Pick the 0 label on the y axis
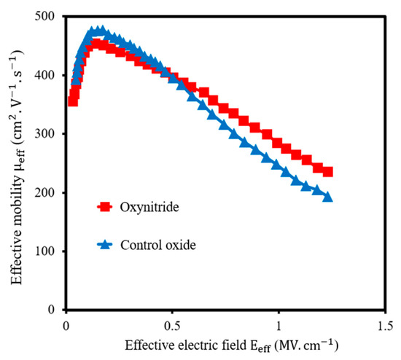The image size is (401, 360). tap(52, 310)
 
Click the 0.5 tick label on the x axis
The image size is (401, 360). tap(173, 326)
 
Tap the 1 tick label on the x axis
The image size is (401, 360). tap(279, 326)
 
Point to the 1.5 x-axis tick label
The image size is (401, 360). tap(385, 326)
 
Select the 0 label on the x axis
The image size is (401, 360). tap(66, 326)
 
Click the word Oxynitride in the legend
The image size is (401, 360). tap(149, 207)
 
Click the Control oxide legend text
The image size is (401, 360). tap(158, 245)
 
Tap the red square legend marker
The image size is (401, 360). tap(104, 206)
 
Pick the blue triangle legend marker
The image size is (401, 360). tap(105, 244)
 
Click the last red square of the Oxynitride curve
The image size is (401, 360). tap(327, 172)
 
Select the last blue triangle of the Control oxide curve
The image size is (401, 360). tap(327, 197)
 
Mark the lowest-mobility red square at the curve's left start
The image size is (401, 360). tap(73, 101)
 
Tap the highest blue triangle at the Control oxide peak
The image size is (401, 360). tap(102, 30)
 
